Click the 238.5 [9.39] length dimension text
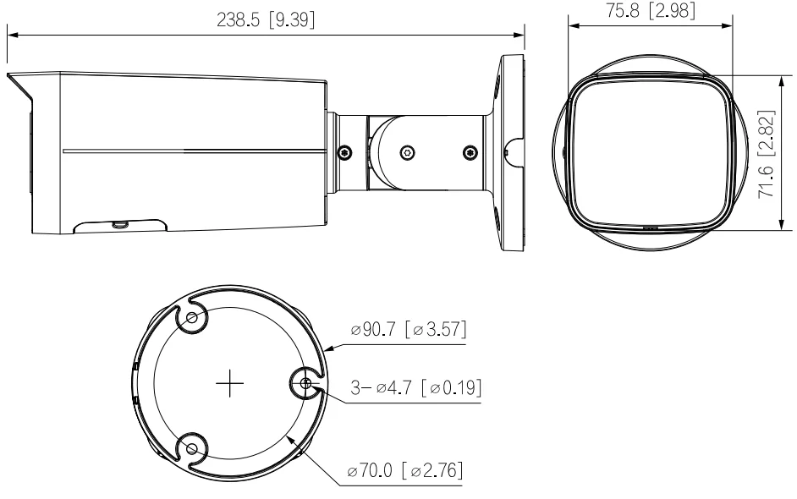point(266,19)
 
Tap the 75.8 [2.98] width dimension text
point(650,10)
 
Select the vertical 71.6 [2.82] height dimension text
point(766,153)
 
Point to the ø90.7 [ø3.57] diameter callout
point(408,329)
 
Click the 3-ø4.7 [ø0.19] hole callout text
point(415,387)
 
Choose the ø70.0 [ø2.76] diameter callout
point(404,470)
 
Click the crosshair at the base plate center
point(230,383)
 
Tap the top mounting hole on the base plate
point(191,318)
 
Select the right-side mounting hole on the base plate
point(305,383)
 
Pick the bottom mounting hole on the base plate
point(191,448)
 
